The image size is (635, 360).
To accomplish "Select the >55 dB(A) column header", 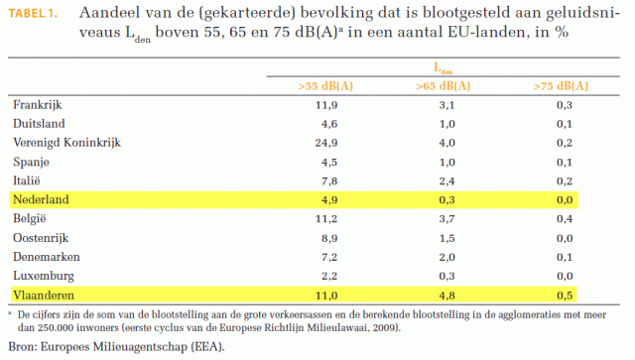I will click(x=326, y=86).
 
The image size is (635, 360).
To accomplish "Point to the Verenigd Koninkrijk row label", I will click(x=66, y=142).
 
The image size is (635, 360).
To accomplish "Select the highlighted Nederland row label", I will click(x=42, y=199).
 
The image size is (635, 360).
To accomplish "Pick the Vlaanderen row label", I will click(x=44, y=295).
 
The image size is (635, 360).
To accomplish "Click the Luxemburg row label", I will click(x=43, y=275).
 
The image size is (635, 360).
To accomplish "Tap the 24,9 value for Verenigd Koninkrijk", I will click(x=326, y=142).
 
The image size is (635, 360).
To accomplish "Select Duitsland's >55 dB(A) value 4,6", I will click(x=326, y=123).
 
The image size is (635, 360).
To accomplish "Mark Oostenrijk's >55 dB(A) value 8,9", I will click(x=326, y=237).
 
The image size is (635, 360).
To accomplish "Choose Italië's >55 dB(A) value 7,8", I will click(x=326, y=180).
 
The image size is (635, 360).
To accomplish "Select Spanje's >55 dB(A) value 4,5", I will click(x=326, y=162).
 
